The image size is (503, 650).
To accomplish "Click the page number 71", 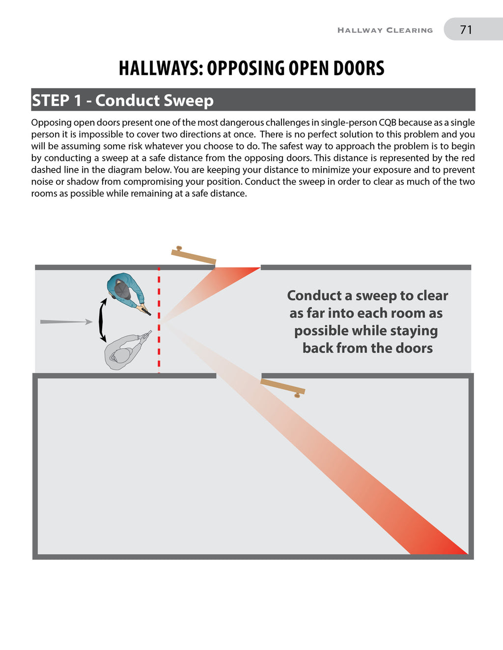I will point(466,29).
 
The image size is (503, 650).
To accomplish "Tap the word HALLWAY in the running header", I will point(360,30).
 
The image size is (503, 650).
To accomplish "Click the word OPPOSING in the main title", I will point(245,68).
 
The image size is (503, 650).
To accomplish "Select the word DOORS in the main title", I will point(359,68).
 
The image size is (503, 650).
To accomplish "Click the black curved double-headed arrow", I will point(102,320).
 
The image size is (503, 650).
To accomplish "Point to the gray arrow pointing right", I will point(66,322).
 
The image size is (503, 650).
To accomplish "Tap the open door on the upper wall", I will point(194,257).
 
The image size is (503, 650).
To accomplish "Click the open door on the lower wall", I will point(282,386).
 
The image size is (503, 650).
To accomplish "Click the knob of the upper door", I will point(179,248).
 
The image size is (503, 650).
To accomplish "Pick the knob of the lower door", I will point(297,395).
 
